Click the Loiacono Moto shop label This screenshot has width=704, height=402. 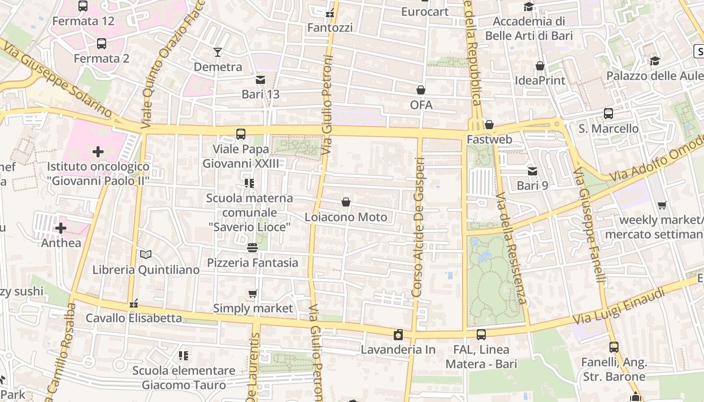click(346, 217)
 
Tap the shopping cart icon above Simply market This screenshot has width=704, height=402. click(253, 293)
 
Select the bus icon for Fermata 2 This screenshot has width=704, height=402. click(102, 44)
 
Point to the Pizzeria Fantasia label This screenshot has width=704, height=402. click(252, 263)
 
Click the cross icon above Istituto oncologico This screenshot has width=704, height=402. click(98, 151)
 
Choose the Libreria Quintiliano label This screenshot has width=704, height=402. click(146, 270)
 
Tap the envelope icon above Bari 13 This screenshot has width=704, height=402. click(260, 80)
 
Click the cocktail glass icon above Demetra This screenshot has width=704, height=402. click(218, 52)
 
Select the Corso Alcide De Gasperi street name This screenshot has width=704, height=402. click(419, 226)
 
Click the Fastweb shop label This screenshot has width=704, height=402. click(489, 139)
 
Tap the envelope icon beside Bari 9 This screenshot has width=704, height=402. click(532, 171)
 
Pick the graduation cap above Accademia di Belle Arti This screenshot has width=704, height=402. click(529, 7)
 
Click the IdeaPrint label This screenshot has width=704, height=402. click(540, 80)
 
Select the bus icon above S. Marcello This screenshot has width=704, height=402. click(608, 114)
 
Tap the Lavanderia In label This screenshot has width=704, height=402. click(398, 349)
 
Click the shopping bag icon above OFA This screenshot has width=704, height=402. click(421, 90)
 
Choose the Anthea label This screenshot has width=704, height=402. click(61, 243)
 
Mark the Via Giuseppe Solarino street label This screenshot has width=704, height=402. click(58, 79)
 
